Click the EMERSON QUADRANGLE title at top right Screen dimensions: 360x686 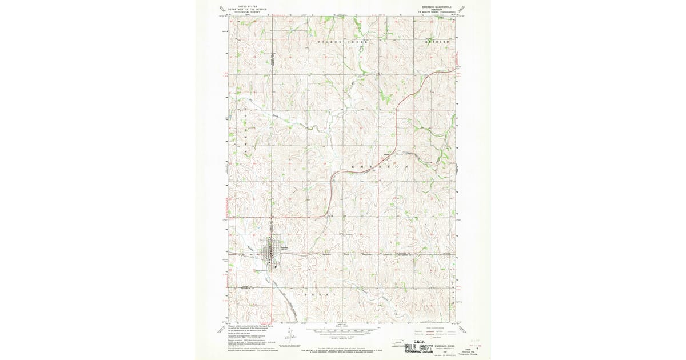click(436, 7)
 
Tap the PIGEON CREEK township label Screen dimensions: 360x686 click(341, 43)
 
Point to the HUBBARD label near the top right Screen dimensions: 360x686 click(438, 43)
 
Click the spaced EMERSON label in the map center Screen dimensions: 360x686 click(380, 166)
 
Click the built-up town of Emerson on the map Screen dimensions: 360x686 click(270, 251)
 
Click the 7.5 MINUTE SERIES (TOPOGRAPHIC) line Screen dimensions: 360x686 click(436, 12)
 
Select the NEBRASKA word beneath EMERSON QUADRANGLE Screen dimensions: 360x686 click(436, 10)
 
